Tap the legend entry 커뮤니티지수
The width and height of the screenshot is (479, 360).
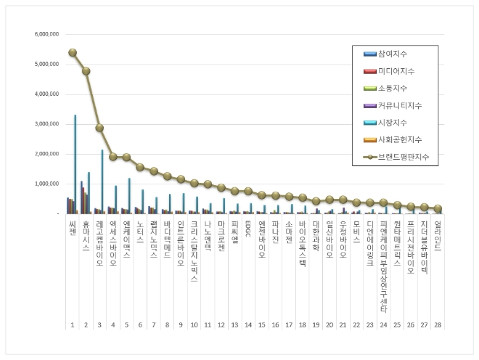(397, 105)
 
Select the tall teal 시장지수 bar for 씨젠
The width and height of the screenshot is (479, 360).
(75, 164)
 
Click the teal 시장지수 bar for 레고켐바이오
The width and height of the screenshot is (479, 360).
(102, 181)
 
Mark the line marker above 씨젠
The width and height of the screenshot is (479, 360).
(73, 52)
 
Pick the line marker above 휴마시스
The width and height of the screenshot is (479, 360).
(86, 71)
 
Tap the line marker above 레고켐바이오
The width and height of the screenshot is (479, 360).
(99, 128)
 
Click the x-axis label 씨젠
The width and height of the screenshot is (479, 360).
(72, 229)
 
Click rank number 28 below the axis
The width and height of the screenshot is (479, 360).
(438, 324)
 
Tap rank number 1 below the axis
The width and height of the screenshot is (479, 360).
(72, 324)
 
